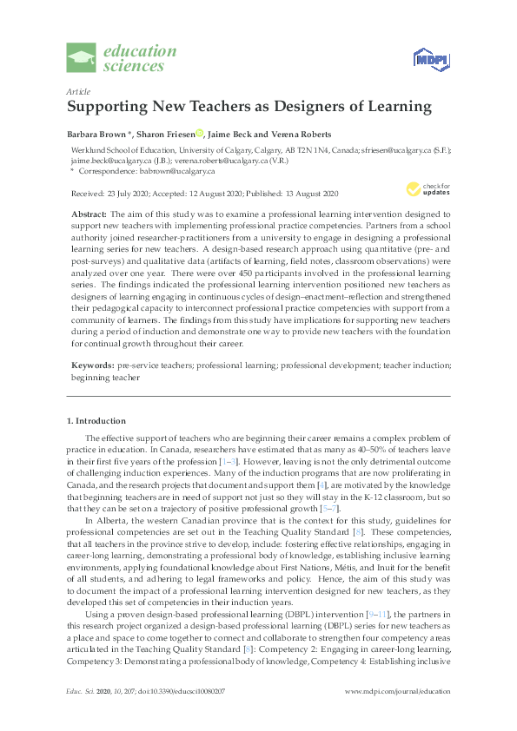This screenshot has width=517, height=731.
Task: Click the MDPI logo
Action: tap(428, 59)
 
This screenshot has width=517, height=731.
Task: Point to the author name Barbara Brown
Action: tap(96, 134)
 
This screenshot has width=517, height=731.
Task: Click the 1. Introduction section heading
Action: tap(96, 421)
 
